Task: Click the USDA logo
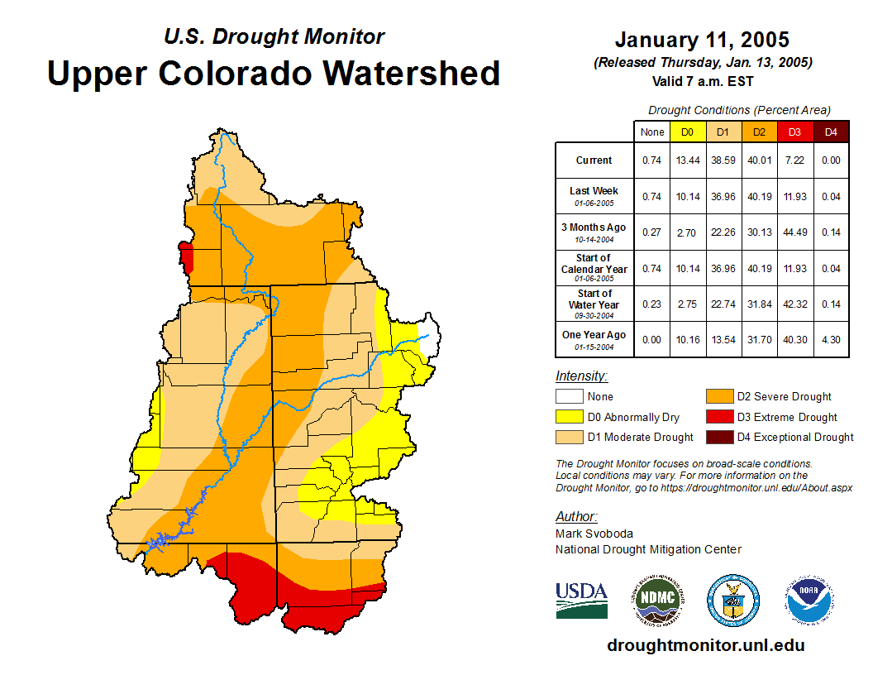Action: [x=581, y=600]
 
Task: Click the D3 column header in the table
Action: [x=794, y=132]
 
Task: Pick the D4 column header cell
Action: [x=831, y=132]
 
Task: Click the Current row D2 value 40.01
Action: [x=758, y=160]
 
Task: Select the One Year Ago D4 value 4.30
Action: [x=831, y=340]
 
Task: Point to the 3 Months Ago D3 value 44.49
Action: [x=794, y=232]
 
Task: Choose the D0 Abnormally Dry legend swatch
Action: [x=569, y=417]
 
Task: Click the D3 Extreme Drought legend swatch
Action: [x=718, y=417]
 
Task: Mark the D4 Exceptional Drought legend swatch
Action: [x=718, y=437]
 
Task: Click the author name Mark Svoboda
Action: [x=594, y=534]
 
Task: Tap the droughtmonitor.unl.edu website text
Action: [x=705, y=645]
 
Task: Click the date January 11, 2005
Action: [x=702, y=40]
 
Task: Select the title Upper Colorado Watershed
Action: [x=274, y=73]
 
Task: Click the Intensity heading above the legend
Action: [x=581, y=376]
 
